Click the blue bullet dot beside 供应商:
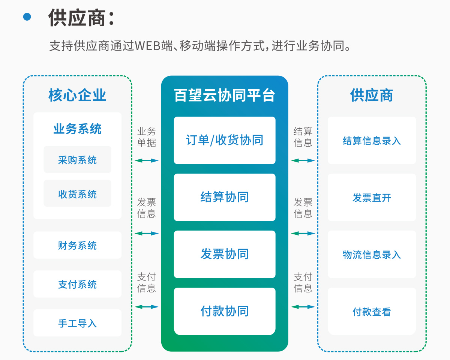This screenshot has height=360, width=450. [x=27, y=17]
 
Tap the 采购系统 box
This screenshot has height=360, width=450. [x=77, y=159]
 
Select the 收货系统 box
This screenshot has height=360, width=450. [x=77, y=193]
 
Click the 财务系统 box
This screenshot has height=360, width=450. [x=77, y=245]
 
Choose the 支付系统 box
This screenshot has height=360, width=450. [x=77, y=284]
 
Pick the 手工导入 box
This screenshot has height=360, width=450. [x=77, y=323]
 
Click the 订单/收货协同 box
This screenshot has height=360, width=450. [x=225, y=140]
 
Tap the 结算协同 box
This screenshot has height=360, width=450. [x=225, y=197]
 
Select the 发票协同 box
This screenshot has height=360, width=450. [x=225, y=254]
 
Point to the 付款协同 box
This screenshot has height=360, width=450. [x=225, y=311]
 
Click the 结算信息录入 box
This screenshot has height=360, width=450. [x=372, y=140]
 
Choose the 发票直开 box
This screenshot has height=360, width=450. [x=372, y=197]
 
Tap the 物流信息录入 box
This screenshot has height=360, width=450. [x=372, y=254]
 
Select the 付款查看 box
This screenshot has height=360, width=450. [x=372, y=311]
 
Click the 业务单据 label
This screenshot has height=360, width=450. [x=147, y=137]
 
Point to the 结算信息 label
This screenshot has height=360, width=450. [x=303, y=137]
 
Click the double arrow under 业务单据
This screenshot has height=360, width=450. [x=147, y=160]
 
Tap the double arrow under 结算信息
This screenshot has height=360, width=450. [x=303, y=160]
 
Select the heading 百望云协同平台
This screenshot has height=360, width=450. [x=225, y=95]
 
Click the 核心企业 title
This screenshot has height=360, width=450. [x=77, y=95]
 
